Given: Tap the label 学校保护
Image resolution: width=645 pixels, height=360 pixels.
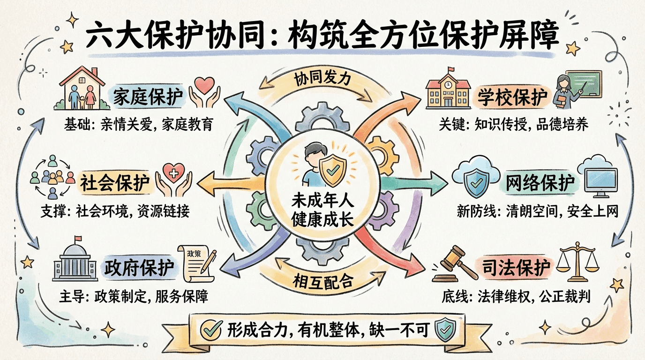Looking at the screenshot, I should [513, 97].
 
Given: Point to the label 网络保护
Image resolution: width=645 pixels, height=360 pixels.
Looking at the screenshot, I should [540, 183].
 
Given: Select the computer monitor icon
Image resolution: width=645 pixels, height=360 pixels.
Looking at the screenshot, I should [598, 176].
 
